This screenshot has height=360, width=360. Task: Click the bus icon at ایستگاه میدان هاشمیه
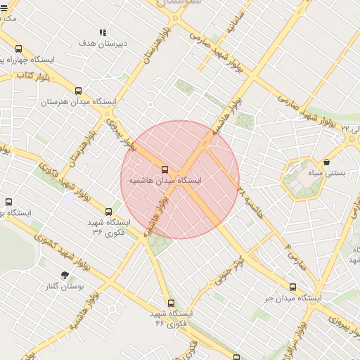165,169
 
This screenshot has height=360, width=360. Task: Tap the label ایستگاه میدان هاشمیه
165,181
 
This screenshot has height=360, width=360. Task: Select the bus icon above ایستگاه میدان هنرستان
78,91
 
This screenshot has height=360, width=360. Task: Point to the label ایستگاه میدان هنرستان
77,102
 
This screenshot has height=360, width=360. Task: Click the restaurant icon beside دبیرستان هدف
103,32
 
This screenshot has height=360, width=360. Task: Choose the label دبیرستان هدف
103,44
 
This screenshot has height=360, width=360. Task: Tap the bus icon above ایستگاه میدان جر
293,286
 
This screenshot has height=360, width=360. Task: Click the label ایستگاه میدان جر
293,297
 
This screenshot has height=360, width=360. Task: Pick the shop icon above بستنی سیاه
326,162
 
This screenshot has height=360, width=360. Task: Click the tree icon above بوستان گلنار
65,275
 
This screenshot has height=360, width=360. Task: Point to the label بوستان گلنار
65,286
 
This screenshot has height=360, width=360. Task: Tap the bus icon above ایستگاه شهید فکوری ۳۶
108,211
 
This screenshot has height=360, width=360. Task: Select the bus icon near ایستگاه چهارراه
18,49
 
